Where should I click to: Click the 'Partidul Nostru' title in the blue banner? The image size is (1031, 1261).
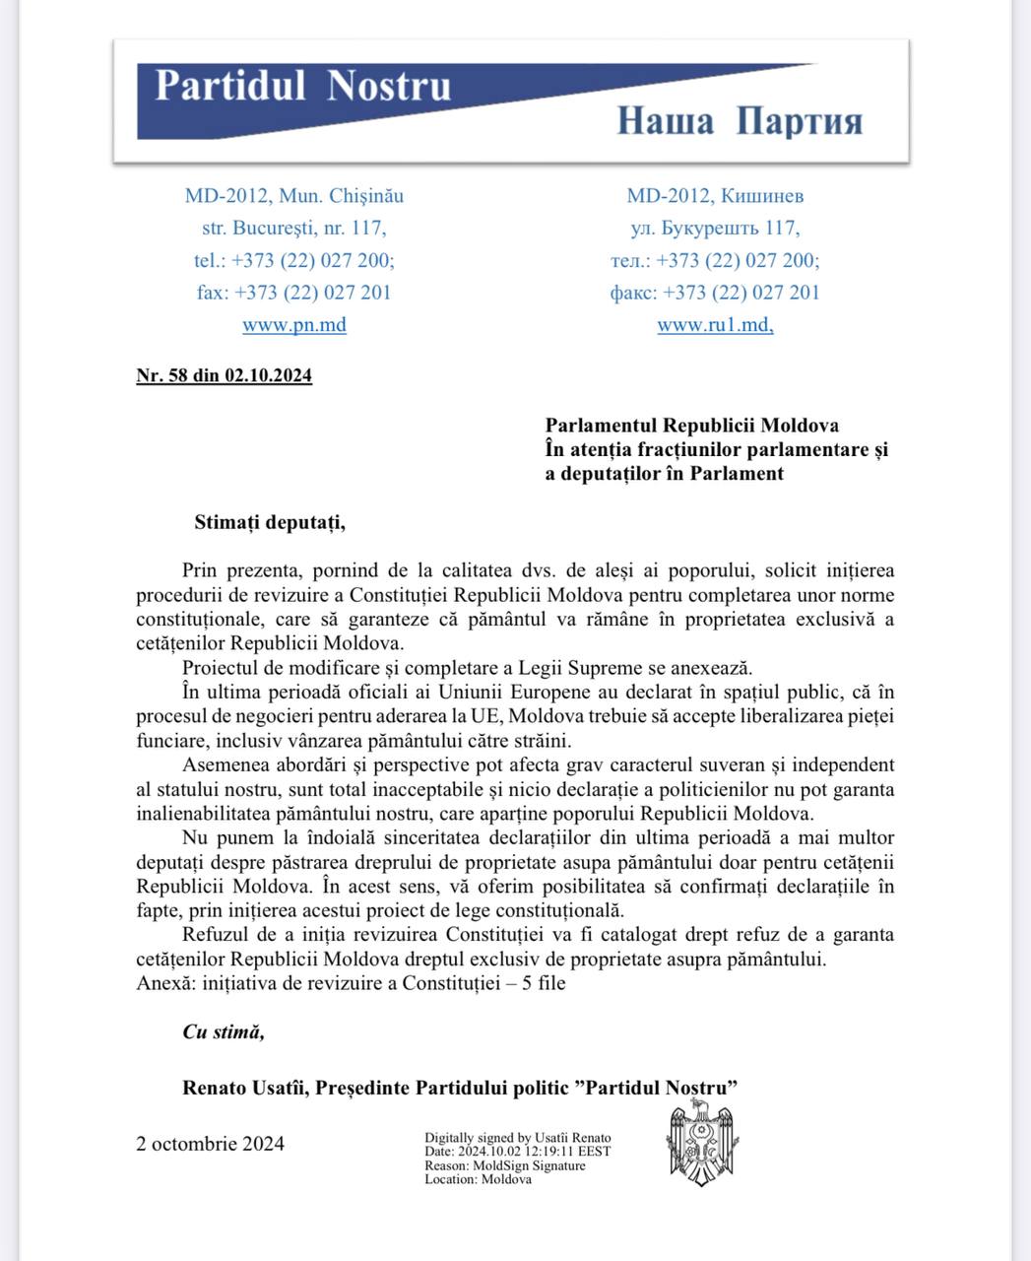click(302, 86)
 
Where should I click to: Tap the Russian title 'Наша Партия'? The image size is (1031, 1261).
click(740, 121)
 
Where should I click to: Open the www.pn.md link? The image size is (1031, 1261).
click(294, 324)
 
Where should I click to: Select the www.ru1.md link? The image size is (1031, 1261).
click(715, 324)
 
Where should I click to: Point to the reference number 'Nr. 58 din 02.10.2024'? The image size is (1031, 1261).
click(225, 375)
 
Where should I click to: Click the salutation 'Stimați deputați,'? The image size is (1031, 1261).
click(270, 522)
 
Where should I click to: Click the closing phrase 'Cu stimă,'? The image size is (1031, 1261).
click(224, 1031)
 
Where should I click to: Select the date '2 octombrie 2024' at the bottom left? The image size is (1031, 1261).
click(211, 1144)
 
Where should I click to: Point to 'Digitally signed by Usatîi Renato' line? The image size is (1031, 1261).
click(518, 1138)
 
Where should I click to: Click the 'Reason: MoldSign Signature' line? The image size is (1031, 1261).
click(505, 1165)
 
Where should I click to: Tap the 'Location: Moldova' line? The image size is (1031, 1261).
click(478, 1179)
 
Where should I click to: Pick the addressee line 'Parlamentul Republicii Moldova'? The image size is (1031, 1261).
click(692, 426)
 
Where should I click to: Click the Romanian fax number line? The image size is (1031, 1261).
click(294, 293)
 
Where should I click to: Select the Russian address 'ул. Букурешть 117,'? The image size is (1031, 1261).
click(715, 229)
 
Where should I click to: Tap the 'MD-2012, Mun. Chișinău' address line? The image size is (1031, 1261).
click(294, 196)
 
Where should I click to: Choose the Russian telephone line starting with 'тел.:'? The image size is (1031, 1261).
click(715, 261)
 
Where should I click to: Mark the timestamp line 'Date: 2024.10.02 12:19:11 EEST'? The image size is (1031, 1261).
click(518, 1152)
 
